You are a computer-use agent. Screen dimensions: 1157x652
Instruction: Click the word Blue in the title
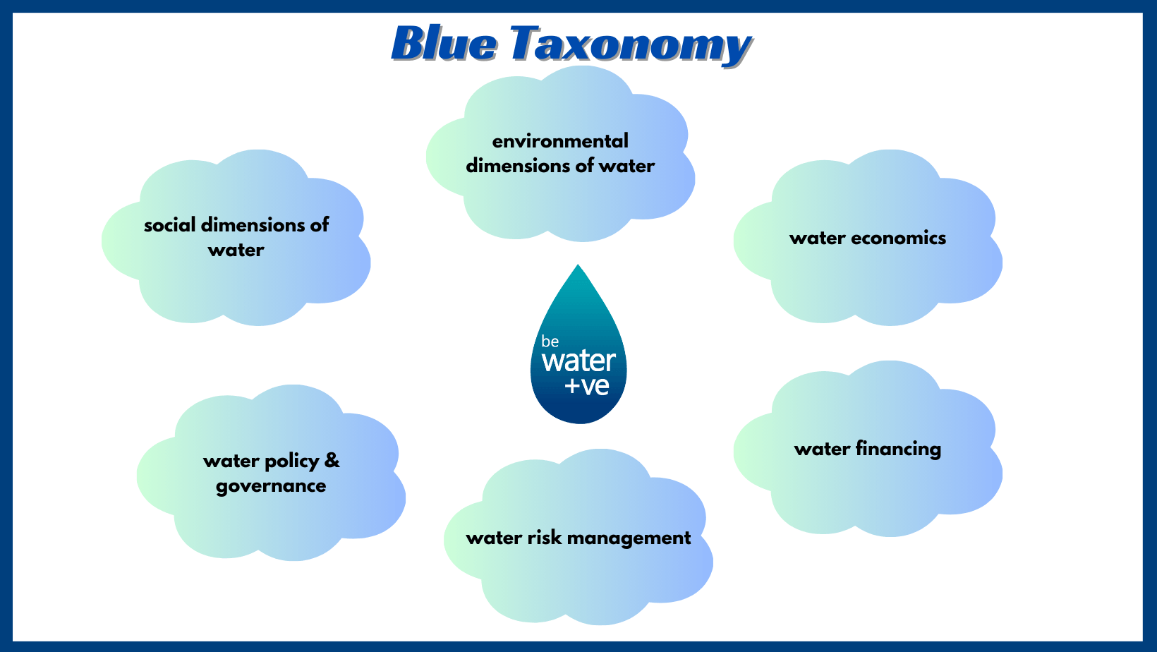point(444,44)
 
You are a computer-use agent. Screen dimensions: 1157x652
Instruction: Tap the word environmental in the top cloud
point(560,141)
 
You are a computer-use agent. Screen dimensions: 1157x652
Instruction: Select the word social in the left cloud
point(170,225)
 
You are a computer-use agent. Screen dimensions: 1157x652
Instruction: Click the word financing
point(898,449)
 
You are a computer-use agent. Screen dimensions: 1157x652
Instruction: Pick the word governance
point(271,487)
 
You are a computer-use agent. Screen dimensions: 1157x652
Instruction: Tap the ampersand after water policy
point(332,460)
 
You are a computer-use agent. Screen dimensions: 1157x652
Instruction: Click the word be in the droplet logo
point(550,342)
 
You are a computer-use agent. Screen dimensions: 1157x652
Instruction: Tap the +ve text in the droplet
point(587,386)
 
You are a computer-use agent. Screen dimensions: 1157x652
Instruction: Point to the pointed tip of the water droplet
point(578,265)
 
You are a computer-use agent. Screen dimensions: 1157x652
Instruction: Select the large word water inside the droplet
point(578,361)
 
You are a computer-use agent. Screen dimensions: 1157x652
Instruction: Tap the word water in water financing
point(823,449)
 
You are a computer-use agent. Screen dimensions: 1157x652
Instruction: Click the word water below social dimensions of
point(236,250)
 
